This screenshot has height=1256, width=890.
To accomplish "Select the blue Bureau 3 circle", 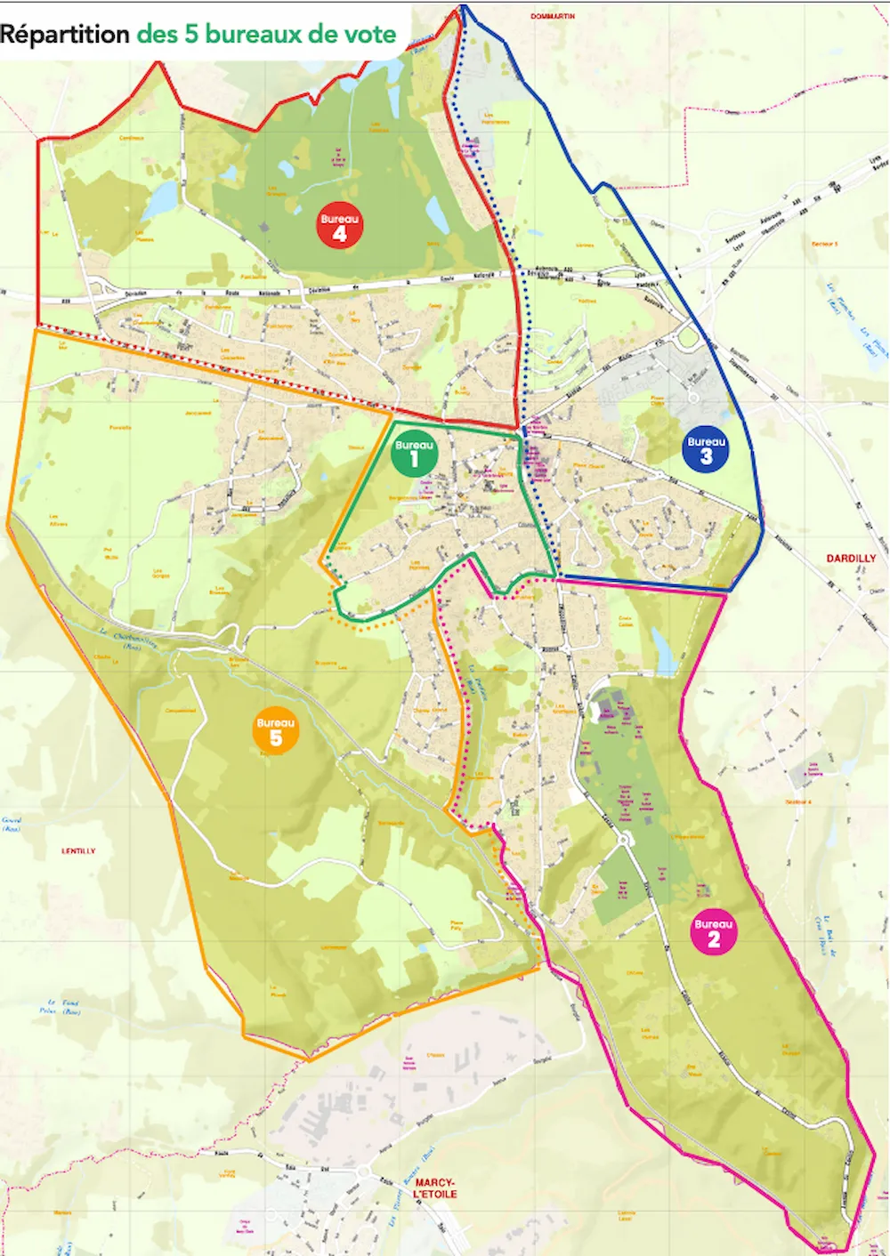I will click(x=706, y=449).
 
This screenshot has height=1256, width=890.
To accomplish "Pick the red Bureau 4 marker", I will click(x=339, y=227).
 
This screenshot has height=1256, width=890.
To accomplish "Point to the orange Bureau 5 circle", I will click(x=275, y=731).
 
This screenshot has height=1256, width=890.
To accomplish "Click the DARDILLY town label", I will click(x=851, y=559).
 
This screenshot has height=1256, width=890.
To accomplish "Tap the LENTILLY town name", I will click(x=78, y=851).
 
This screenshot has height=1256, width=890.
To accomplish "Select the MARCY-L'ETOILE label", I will click(x=435, y=1188).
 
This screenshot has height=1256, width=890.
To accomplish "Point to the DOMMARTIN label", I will click(x=553, y=16).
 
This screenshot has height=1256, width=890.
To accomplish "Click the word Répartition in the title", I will click(x=65, y=35).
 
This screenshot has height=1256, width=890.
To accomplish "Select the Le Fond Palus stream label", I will click(x=60, y=1006).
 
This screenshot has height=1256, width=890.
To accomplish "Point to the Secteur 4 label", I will click(x=798, y=801).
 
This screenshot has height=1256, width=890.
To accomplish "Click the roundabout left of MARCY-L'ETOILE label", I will click(x=366, y=1171).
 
